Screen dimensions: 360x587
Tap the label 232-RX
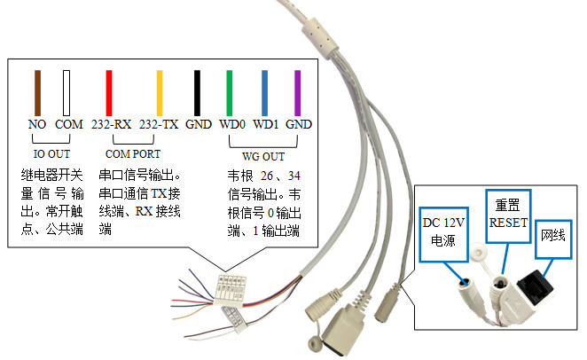(x=111, y=125)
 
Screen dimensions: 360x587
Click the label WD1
(x=265, y=125)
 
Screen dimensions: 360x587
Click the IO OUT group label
(x=51, y=152)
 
